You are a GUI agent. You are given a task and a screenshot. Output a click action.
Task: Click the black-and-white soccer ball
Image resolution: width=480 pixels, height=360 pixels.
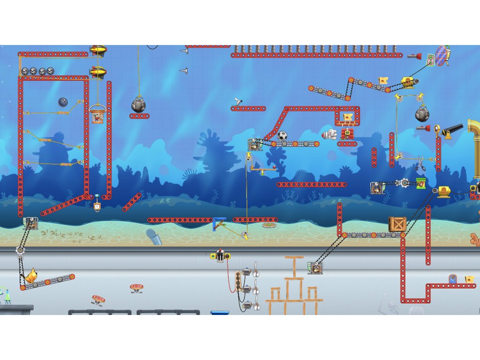[x=282, y=136]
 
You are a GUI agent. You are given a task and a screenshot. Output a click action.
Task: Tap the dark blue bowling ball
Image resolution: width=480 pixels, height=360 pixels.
[x=63, y=102]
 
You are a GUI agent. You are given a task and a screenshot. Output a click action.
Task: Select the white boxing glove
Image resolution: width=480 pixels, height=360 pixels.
[x=330, y=135]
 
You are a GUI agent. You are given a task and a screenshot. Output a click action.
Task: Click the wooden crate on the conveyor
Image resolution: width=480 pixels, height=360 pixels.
[x=397, y=224]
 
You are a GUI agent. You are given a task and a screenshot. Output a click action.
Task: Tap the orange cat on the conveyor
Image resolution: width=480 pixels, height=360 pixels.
[x=31, y=276]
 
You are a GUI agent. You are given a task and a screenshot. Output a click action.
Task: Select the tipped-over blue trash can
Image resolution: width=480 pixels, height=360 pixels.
[x=154, y=236]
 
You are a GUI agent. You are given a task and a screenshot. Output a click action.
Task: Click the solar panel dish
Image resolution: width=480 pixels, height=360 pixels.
[x=442, y=55]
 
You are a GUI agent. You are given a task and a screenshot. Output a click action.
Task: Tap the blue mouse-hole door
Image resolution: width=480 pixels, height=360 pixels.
[x=452, y=279]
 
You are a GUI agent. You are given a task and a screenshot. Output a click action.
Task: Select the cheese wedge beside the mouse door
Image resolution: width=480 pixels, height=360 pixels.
[x=469, y=280]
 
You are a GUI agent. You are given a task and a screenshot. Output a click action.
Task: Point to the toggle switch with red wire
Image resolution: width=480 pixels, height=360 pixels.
[x=220, y=255]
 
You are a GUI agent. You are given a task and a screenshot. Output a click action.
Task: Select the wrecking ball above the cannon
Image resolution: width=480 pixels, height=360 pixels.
[x=422, y=114]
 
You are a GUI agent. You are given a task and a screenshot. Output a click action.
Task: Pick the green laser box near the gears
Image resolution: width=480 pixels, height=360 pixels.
[x=420, y=183]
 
